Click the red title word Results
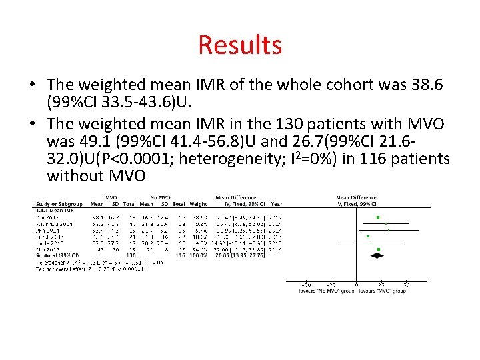click(x=240, y=45)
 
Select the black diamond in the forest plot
click(x=378, y=255)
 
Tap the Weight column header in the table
click(x=198, y=204)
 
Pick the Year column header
click(x=277, y=204)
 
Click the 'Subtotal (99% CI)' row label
click(x=57, y=255)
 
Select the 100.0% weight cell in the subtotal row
click(x=198, y=255)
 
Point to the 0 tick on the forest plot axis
click(x=357, y=285)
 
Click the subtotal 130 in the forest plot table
click(x=131, y=255)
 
